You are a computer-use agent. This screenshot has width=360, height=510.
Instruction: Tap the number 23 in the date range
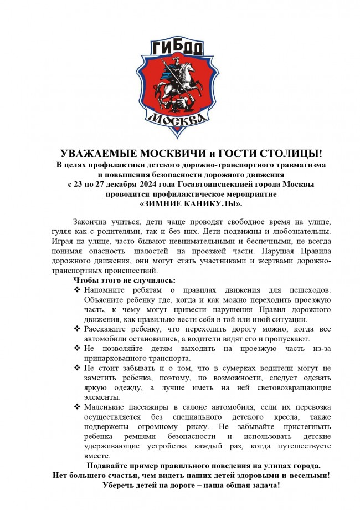point(80,184)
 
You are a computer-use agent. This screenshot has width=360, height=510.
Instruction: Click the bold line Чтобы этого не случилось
point(120,280)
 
